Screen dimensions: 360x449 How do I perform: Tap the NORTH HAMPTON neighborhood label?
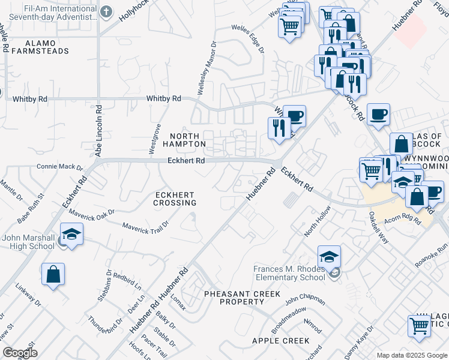pyautogui.click(x=187, y=140)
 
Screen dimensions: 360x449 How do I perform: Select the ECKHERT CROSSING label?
pyautogui.click(x=175, y=199)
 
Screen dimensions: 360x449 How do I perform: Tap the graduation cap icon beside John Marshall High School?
pyautogui.click(x=71, y=235)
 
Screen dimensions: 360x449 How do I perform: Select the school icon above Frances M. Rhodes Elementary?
pyautogui.click(x=329, y=257)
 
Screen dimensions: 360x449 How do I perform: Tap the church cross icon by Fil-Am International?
pyautogui.click(x=106, y=11)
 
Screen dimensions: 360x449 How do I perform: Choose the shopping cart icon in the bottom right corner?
pyautogui.click(x=420, y=326)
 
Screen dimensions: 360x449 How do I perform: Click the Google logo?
pyautogui.click(x=20, y=353)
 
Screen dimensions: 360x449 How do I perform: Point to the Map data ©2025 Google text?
pyautogui.click(x=412, y=355)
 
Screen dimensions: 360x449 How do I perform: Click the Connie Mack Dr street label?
pyautogui.click(x=59, y=167)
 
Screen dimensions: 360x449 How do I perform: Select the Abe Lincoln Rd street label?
pyautogui.click(x=98, y=132)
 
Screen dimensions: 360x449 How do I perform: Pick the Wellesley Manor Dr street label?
pyautogui.click(x=206, y=69)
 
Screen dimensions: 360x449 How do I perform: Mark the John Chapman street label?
pyautogui.click(x=304, y=300)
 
